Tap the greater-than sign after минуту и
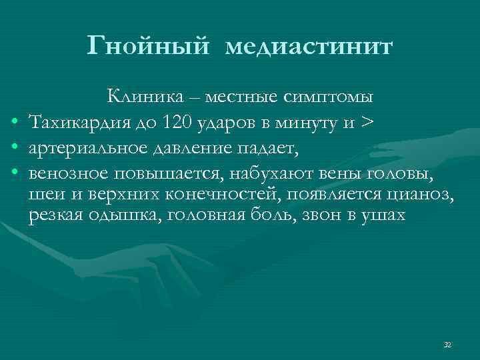tap(366, 123)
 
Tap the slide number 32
tap(447, 345)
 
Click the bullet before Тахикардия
tap(15, 124)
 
